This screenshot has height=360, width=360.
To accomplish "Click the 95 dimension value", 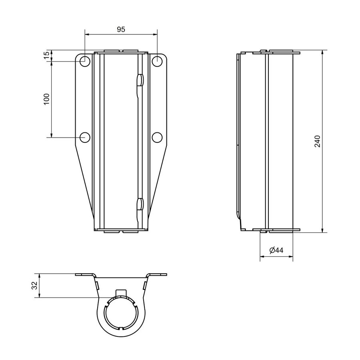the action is (x=121, y=29).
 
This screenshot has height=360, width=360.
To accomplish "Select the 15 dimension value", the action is (x=46, y=55).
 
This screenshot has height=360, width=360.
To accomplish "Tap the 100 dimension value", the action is (x=46, y=99).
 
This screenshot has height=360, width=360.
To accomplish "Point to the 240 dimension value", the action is (x=317, y=142).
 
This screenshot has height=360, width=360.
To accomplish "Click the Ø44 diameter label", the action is (x=276, y=250).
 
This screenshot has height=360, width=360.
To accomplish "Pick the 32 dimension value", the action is (x=34, y=286).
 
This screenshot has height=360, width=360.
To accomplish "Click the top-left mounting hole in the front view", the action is (x=85, y=61).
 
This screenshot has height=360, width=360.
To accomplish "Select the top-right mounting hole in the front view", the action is (x=157, y=61).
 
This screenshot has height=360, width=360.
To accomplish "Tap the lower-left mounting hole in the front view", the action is (x=85, y=137).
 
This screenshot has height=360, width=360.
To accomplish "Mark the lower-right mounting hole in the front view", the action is (x=157, y=137).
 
